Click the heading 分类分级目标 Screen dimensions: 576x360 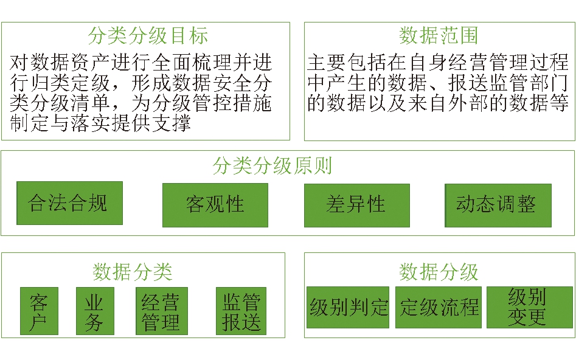pyautogui.click(x=148, y=36)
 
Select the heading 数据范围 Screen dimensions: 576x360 pyautogui.click(x=439, y=36)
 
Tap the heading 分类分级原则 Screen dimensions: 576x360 pyautogui.click(x=272, y=165)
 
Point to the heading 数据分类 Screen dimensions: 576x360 pyautogui.click(x=132, y=272)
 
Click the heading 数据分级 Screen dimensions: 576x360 pyautogui.click(x=439, y=272)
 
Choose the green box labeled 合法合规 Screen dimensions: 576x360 pyautogui.click(x=69, y=203)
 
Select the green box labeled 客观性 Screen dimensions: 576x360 pyautogui.click(x=215, y=206)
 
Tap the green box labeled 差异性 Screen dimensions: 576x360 pyautogui.click(x=357, y=206)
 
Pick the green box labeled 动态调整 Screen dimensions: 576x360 pyautogui.click(x=498, y=206)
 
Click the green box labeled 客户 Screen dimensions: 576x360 pyautogui.click(x=39, y=311)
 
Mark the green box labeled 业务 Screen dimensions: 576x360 pyautogui.click(x=95, y=311)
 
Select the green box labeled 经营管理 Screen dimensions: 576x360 pyautogui.click(x=162, y=311)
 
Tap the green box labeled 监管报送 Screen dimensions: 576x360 pyautogui.click(x=241, y=311)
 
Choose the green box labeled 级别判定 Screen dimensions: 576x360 pyautogui.click(x=348, y=307)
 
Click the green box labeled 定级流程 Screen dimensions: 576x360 pyautogui.click(x=439, y=307)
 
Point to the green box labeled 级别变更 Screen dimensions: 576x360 pyautogui.click(x=530, y=307)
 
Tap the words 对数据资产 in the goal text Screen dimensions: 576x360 pyautogui.click(x=60, y=63)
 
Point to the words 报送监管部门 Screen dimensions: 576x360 pyautogui.click(x=508, y=83)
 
